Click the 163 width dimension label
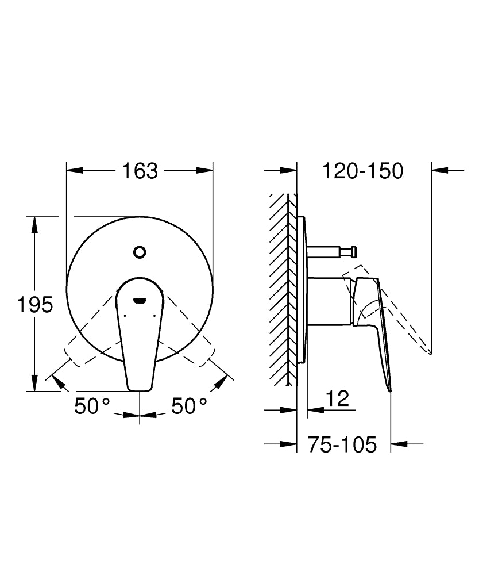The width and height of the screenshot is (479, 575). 140,170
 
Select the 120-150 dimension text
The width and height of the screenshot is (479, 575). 362,170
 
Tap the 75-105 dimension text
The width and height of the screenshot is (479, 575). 342,444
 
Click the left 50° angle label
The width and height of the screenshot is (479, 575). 92,407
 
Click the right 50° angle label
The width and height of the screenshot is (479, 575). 189,407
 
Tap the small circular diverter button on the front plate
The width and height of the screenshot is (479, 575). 140,252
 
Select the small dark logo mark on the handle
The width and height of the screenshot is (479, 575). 140,299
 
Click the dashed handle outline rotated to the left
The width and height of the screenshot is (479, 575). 86,339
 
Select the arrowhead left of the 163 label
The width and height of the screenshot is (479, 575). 75,170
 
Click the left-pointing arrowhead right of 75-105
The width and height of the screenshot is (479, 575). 399,444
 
